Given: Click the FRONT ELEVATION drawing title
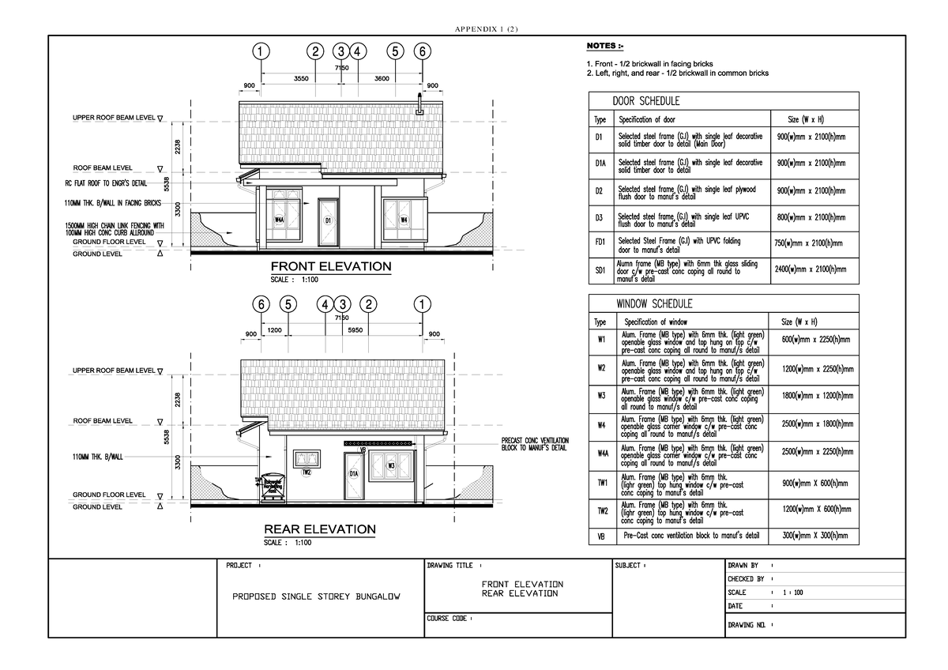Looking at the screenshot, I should pos(331,266).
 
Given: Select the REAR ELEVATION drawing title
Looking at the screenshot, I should pos(319,529).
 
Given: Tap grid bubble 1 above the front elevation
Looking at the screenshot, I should pos(260,52).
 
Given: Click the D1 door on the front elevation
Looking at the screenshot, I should pos(327,221).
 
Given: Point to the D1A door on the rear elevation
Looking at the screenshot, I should pos(354,473).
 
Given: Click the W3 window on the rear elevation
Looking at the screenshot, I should pos(390,466).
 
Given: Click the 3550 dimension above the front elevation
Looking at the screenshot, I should pos(301,79).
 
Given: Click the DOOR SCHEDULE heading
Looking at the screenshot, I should pos(646,101).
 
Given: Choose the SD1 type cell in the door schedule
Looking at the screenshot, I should pos(600,270).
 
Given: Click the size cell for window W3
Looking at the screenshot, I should pos(814,397).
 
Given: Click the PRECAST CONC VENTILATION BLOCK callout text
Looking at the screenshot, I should pos(534,444).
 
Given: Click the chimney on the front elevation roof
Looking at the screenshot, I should pos(419,105).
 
